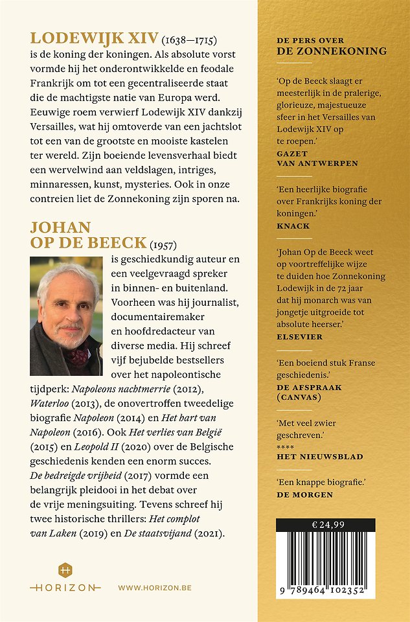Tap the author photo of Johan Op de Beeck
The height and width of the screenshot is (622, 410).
(66, 316)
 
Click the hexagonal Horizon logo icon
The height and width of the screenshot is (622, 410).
(65, 570)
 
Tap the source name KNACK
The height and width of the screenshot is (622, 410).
(293, 226)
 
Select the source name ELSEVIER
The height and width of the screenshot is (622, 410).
(299, 337)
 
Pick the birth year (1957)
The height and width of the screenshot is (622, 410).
(163, 244)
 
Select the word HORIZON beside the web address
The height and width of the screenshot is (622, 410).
(65, 587)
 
